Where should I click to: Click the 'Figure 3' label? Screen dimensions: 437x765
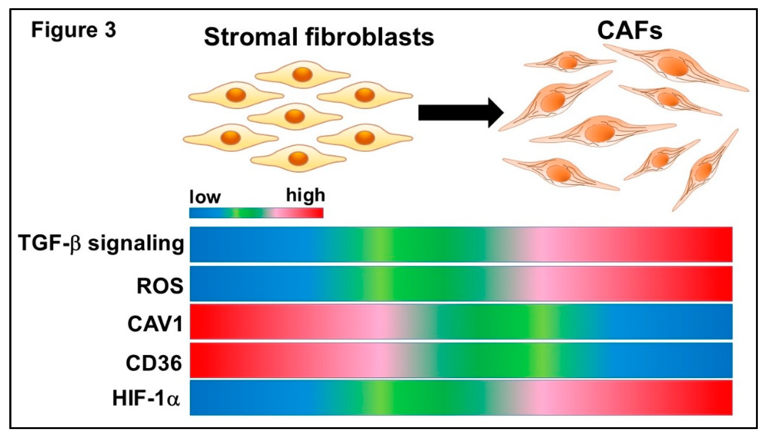pyautogui.click(x=73, y=31)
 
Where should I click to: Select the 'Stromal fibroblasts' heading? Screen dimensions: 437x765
pyautogui.click(x=319, y=37)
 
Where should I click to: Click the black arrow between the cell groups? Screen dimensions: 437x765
pyautogui.click(x=461, y=113)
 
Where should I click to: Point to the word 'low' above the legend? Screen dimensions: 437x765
pyautogui.click(x=205, y=197)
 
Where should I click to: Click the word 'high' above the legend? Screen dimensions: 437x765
pyautogui.click(x=305, y=195)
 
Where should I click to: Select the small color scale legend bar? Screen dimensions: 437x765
pyautogui.click(x=256, y=213)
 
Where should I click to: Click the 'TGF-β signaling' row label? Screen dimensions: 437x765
pyautogui.click(x=101, y=244)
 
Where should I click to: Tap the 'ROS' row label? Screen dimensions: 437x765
pyautogui.click(x=160, y=286)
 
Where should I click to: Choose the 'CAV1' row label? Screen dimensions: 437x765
pyautogui.click(x=155, y=324)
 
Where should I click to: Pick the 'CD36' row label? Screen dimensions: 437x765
pyautogui.click(x=154, y=363)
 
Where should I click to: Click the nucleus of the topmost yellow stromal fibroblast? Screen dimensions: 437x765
pyautogui.click(x=302, y=74)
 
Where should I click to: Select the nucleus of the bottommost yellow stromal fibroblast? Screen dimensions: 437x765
pyautogui.click(x=298, y=158)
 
